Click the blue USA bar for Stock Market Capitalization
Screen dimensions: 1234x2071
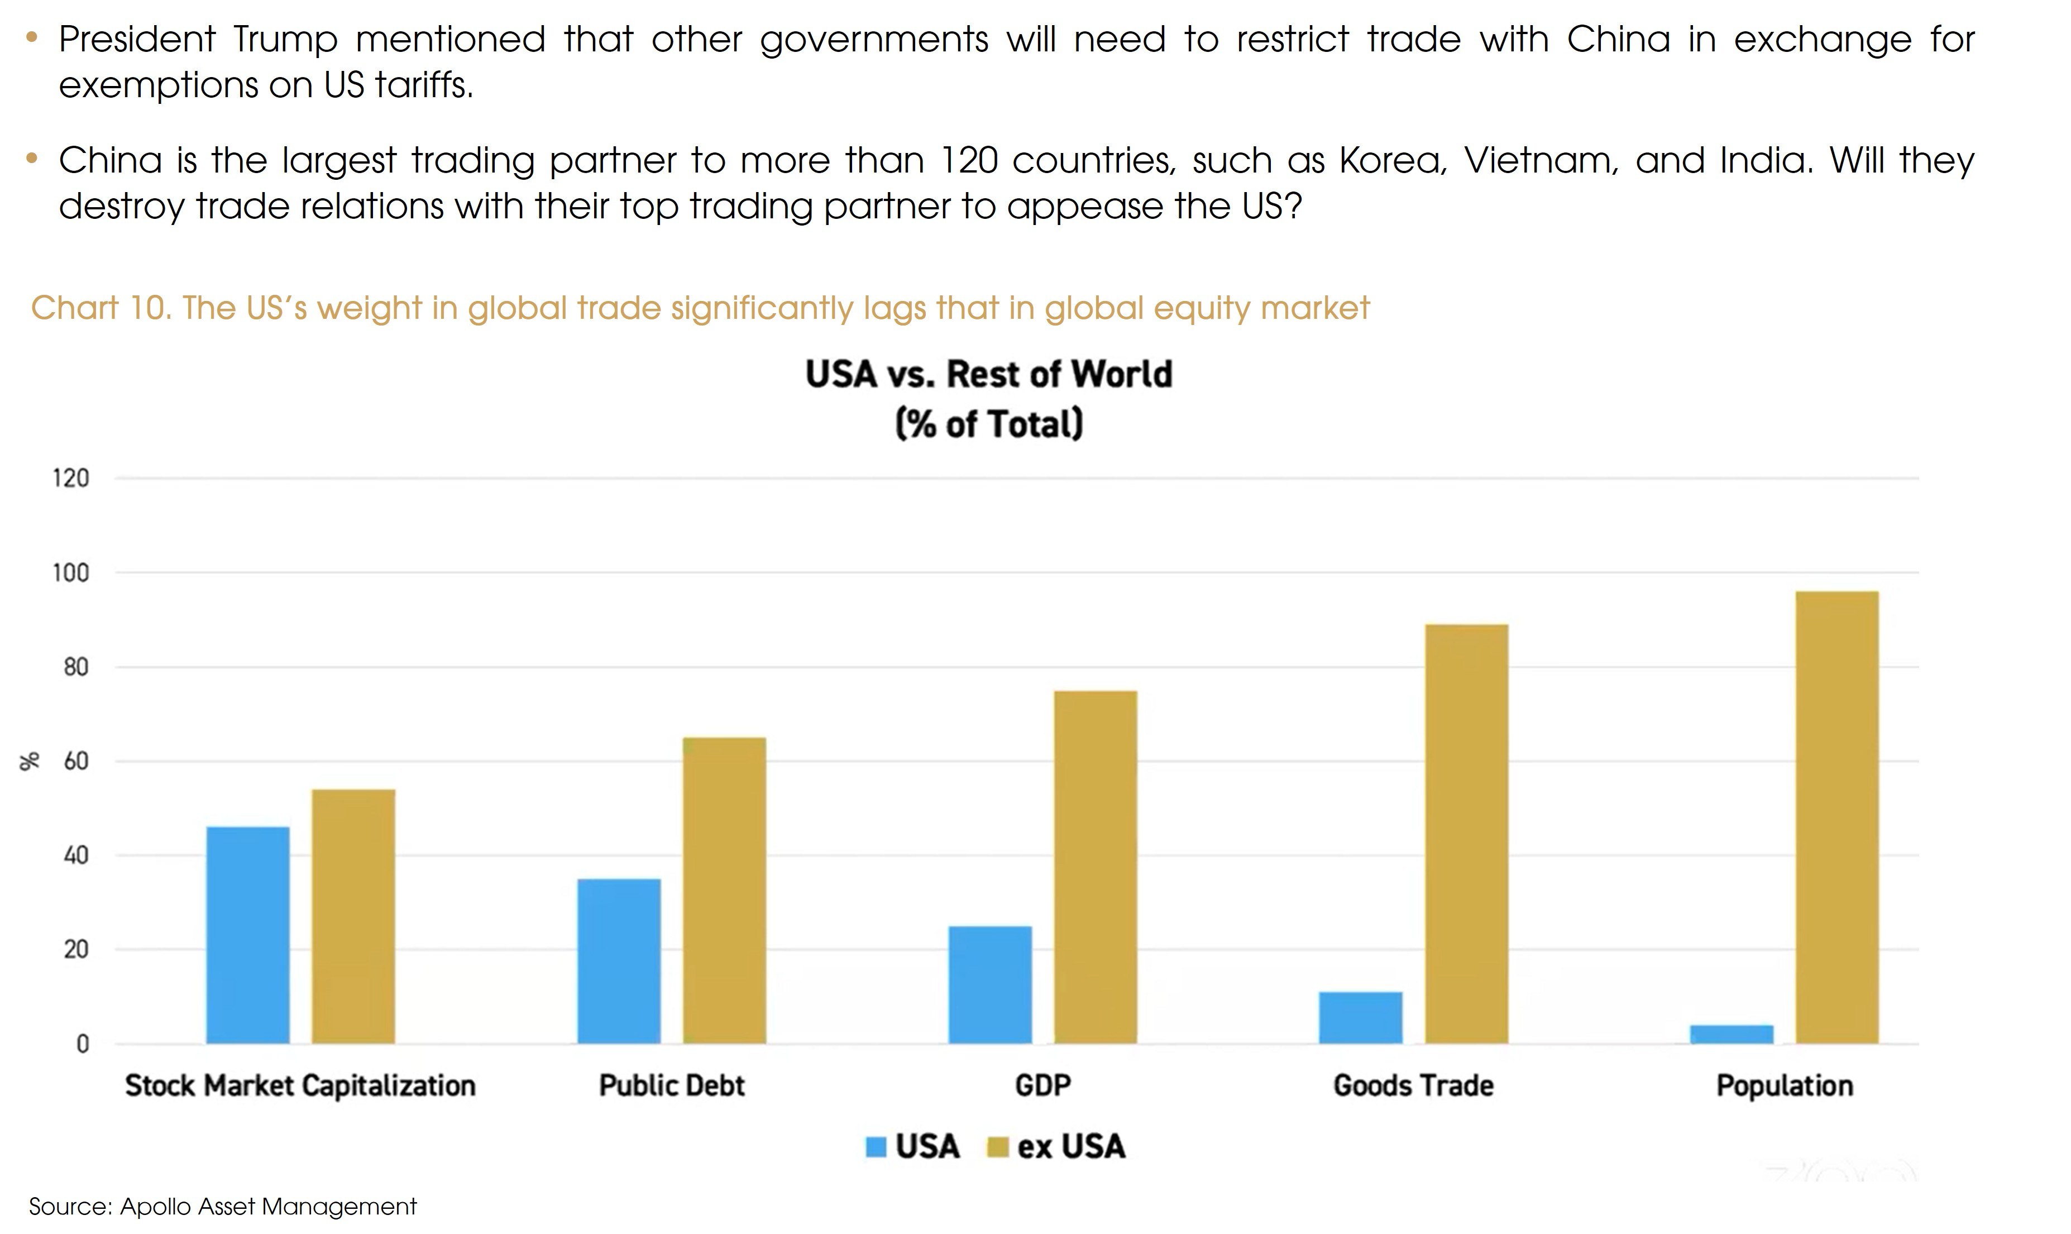[x=248, y=935]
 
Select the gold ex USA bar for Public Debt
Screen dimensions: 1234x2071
[x=724, y=889]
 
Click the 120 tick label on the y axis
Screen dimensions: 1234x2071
[x=71, y=478]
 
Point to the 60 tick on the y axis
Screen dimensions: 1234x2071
[x=75, y=761]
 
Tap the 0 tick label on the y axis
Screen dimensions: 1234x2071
[x=82, y=1044]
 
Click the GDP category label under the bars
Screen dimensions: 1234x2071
[x=1042, y=1085]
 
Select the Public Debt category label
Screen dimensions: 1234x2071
[x=672, y=1085]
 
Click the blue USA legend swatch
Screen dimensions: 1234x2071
[x=876, y=1147]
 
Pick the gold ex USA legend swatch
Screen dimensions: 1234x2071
[x=997, y=1147]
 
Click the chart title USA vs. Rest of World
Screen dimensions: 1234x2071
[x=988, y=374]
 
